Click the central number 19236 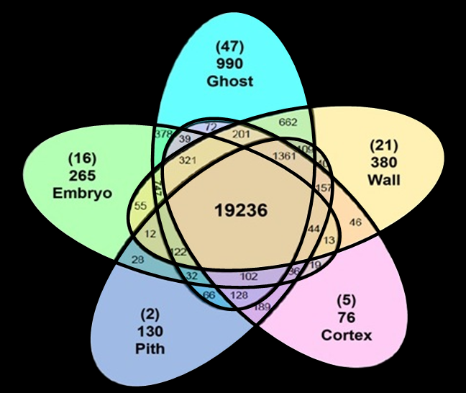[241, 210]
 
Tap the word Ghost [230, 81]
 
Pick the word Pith [150, 349]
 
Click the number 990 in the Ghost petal [230, 64]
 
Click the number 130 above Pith [150, 333]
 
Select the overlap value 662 [288, 122]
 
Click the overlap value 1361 [286, 156]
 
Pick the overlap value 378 [163, 134]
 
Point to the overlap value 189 [262, 308]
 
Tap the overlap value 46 [355, 222]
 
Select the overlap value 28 [138, 258]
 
